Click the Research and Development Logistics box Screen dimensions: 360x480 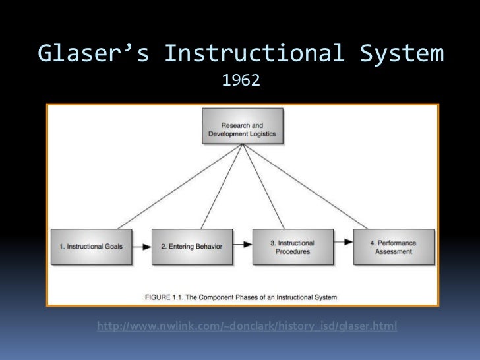coord(242,129)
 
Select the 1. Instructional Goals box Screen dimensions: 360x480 coord(92,247)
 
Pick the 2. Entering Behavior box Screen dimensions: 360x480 coord(192,247)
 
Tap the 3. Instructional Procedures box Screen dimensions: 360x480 coord(293,247)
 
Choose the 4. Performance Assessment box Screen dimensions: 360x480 coord(394,247)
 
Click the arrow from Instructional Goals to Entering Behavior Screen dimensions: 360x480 coord(142,247)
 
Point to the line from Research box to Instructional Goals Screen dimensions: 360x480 coord(171,185)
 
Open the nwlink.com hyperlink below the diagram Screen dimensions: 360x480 coord(247,326)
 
